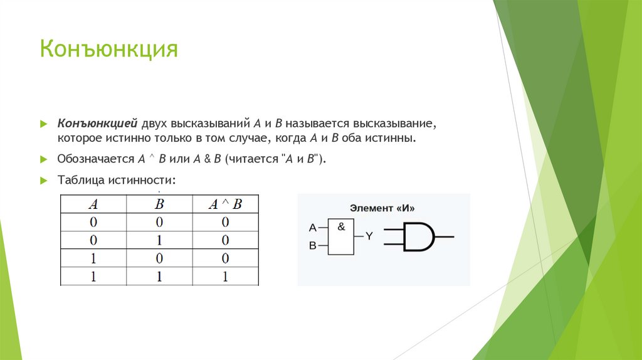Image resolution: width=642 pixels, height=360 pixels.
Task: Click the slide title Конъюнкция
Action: coord(109,49)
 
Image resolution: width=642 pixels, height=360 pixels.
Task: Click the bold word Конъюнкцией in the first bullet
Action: coord(98,123)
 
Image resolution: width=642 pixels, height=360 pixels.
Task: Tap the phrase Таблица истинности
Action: coord(116,180)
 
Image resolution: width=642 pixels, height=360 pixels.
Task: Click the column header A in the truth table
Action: coord(93,204)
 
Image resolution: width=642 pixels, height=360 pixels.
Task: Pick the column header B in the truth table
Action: coord(159,204)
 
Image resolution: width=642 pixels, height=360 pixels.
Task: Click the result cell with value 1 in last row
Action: coord(224,276)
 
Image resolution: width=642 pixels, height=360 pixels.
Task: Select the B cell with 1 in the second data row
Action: coord(159,240)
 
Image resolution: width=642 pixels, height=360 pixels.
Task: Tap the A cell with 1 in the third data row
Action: coord(93,258)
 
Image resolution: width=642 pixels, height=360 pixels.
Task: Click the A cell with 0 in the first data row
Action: coord(93,222)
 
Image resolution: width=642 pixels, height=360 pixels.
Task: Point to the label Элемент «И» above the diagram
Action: coord(382,208)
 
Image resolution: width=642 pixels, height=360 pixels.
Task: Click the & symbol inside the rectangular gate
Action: coord(341,227)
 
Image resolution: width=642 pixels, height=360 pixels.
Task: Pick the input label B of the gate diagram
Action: coord(312,246)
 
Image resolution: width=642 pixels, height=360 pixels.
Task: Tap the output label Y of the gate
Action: coord(369,236)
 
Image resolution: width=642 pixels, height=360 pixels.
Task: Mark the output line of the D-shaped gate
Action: coord(444,237)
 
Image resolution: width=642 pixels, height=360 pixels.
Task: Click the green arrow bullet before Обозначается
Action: coord(44,159)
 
